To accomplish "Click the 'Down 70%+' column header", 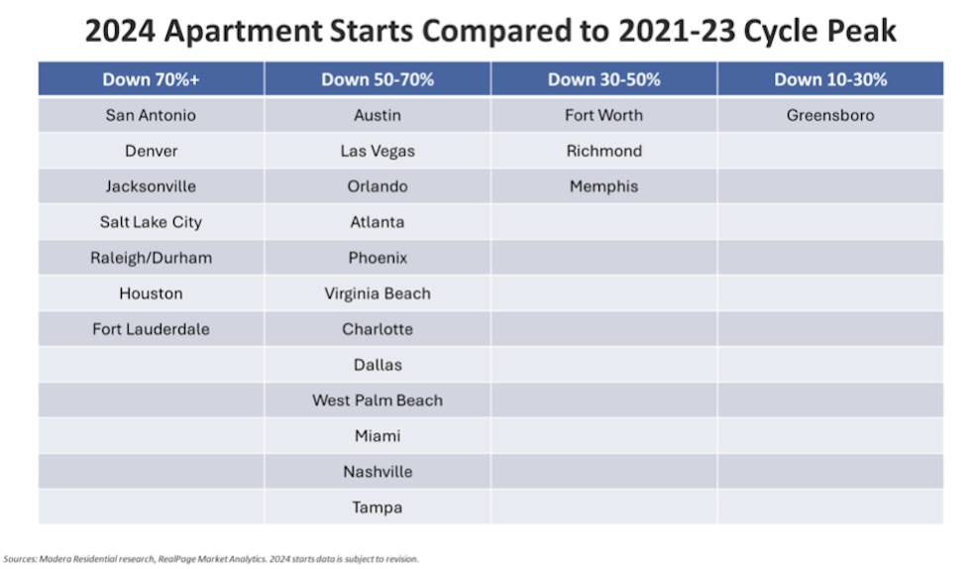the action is pos(151,79).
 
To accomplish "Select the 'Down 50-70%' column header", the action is pos(378,79).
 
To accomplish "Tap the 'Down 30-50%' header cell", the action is pos(603,79).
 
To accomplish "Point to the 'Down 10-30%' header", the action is pos(830,79).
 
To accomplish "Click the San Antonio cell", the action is pos(151,115).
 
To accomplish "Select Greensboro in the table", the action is pos(830,115).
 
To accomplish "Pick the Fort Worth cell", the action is pos(603,115).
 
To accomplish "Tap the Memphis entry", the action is pos(603,186).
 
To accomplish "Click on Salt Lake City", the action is pos(151,222).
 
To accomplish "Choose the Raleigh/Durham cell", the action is pos(151,258).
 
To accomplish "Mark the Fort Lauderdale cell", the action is pos(151,329).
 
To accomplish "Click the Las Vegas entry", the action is pos(378,151).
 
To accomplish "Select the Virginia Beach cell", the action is pos(378,293).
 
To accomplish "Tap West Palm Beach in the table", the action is pos(378,400).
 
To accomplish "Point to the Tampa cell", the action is pos(378,508).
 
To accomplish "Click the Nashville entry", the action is pos(378,472).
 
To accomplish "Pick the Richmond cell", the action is pos(603,151).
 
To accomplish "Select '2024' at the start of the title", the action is pos(120,31).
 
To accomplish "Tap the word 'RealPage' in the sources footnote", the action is pos(176,559).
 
